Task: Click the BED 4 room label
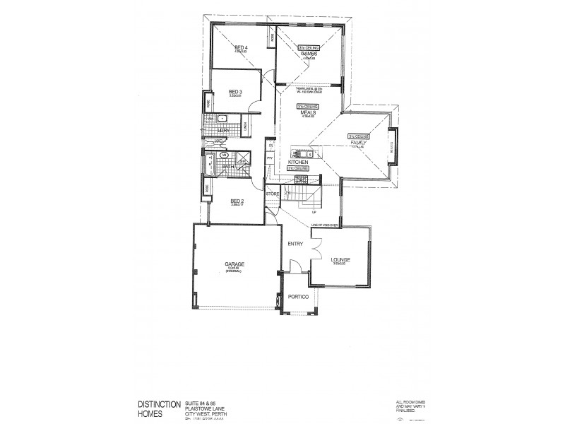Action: click(241, 47)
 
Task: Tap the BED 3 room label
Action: click(236, 92)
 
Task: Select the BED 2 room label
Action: click(237, 201)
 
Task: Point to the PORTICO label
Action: click(298, 298)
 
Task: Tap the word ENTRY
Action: click(295, 244)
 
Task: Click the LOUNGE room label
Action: click(340, 260)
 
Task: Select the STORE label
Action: click(273, 193)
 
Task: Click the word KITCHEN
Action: click(299, 162)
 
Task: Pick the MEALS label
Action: click(307, 111)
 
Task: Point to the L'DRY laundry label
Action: click(223, 131)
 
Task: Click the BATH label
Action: click(228, 167)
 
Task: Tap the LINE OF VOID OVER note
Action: click(326, 225)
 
